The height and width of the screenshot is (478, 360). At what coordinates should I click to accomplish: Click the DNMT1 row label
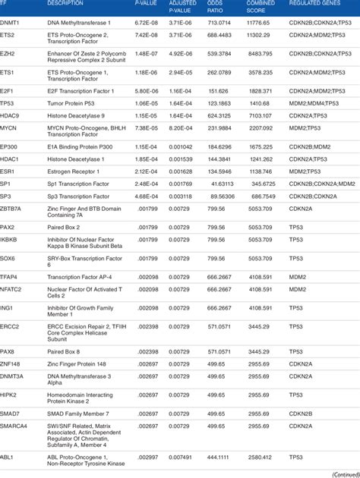pos(11,24)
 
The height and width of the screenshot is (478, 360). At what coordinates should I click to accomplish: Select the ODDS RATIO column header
pos(217,7)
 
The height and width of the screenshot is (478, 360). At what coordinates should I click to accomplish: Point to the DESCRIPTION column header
pos(65,4)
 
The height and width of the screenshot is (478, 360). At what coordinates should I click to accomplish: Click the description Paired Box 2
pos(64,226)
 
